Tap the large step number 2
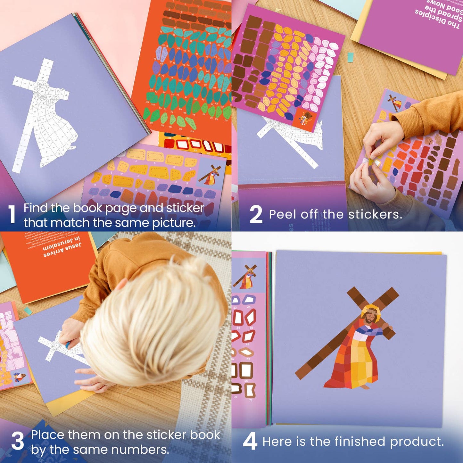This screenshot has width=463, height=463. click(256, 214)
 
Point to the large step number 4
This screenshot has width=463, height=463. click(250, 442)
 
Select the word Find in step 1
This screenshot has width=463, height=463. click(36, 208)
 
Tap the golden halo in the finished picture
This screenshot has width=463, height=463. click(371, 309)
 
